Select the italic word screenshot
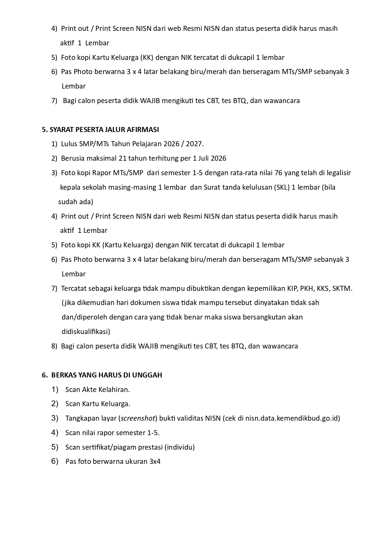click(x=138, y=418)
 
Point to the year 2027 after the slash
click(x=195, y=144)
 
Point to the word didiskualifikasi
click(x=86, y=332)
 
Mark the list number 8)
click(x=54, y=346)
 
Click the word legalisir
click(x=339, y=173)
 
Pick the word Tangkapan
click(x=80, y=418)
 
